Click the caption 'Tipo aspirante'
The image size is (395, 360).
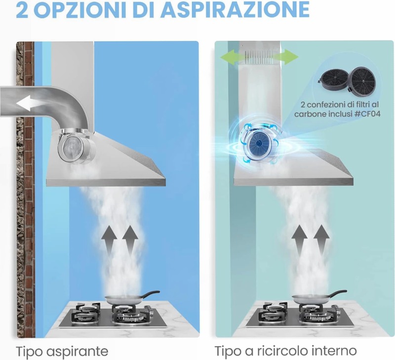pos(62,352)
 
